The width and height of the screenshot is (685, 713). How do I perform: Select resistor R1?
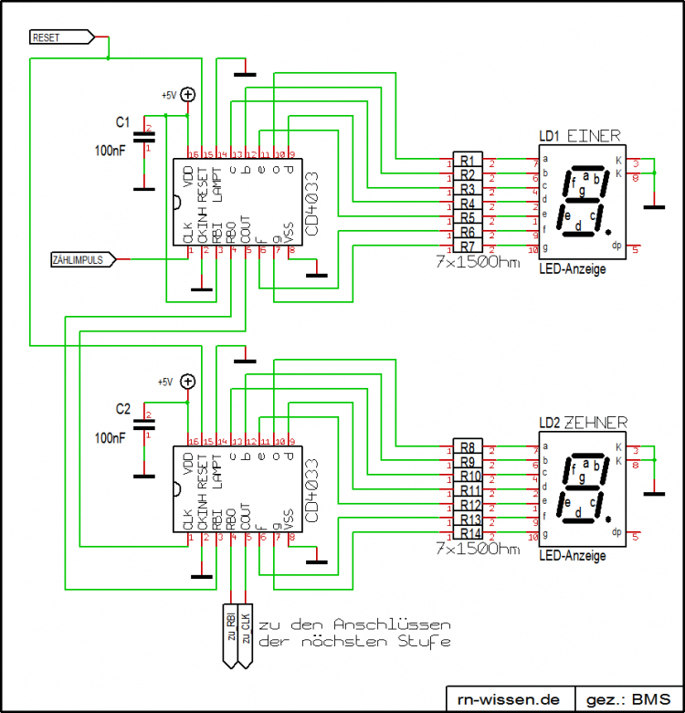click(x=467, y=160)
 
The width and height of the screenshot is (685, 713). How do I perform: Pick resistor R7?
click(x=467, y=246)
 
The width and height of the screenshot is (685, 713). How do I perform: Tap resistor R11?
click(x=469, y=490)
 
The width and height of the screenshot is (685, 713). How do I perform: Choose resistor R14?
click(x=469, y=533)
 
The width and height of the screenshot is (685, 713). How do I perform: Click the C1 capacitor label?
click(x=122, y=121)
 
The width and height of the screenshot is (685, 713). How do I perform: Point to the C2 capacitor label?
click(x=123, y=406)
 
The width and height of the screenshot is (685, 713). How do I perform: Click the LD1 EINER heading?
click(x=579, y=136)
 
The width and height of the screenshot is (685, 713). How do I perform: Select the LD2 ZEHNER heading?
click(x=583, y=423)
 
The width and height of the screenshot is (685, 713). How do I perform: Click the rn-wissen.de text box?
click(x=508, y=699)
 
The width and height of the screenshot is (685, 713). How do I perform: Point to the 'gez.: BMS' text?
click(x=627, y=699)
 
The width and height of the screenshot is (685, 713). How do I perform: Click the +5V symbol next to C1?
click(x=187, y=94)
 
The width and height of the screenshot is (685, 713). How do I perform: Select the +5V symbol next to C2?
click(x=187, y=382)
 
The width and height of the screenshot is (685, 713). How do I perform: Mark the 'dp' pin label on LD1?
click(x=616, y=245)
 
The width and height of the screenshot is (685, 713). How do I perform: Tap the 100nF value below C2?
click(x=111, y=437)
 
